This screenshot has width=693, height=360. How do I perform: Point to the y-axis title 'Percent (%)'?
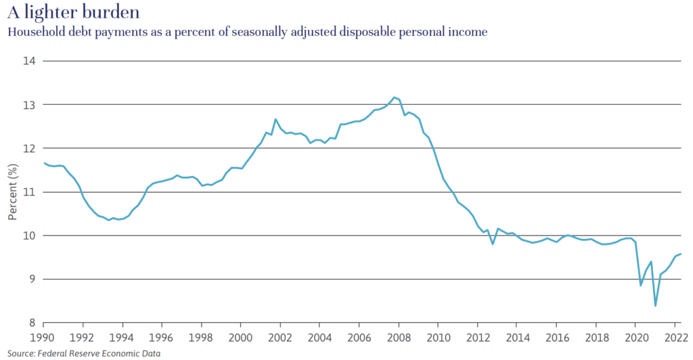coord(13,192)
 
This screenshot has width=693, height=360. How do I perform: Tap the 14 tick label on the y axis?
coord(30,61)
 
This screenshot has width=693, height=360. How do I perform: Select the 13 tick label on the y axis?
coord(30,105)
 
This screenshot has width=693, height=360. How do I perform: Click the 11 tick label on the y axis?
coord(30,192)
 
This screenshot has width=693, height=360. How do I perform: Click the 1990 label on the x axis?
coord(43,336)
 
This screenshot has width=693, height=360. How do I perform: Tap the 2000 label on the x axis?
coord(241,336)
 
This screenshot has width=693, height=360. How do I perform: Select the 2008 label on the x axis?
coord(399,336)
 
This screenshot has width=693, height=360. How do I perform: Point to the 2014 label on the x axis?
coord(517,336)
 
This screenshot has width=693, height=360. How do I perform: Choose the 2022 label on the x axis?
coord(675,336)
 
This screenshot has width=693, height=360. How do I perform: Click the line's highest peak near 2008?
coord(394,97)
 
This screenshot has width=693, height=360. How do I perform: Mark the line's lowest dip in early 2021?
coord(655,306)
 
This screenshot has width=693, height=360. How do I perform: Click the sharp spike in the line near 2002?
coord(275,119)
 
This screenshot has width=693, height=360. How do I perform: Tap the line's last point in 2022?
coord(680,254)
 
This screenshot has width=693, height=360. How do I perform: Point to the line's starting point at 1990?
coord(43,163)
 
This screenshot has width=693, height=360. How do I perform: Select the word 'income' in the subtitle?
coord(470,32)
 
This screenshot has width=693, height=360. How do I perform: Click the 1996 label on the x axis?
coord(162,336)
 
